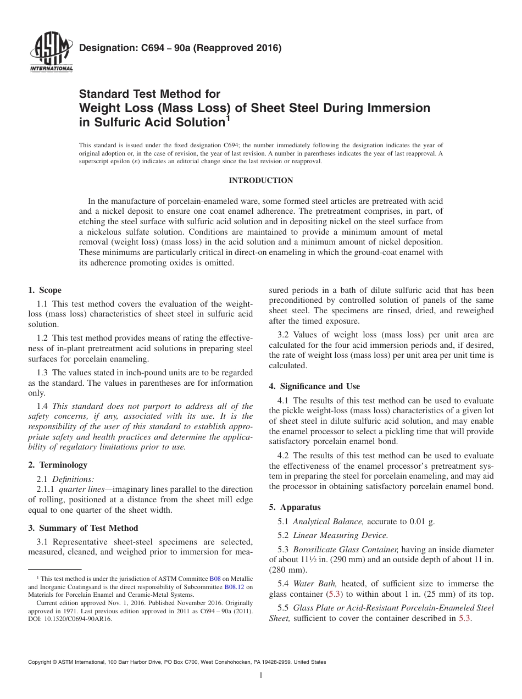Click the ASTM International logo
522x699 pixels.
coord(50,53)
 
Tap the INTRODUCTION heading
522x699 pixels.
coord(260,180)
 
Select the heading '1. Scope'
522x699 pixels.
coord(45,290)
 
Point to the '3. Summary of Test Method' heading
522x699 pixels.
coord(83,528)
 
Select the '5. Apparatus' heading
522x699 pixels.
coord(295,507)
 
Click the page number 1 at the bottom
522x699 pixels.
coord(261,675)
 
